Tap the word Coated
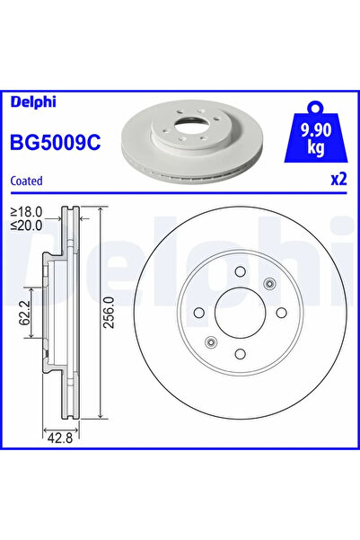pos(27,181)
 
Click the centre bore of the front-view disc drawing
pos(240,313)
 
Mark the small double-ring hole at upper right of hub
pos(268,285)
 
